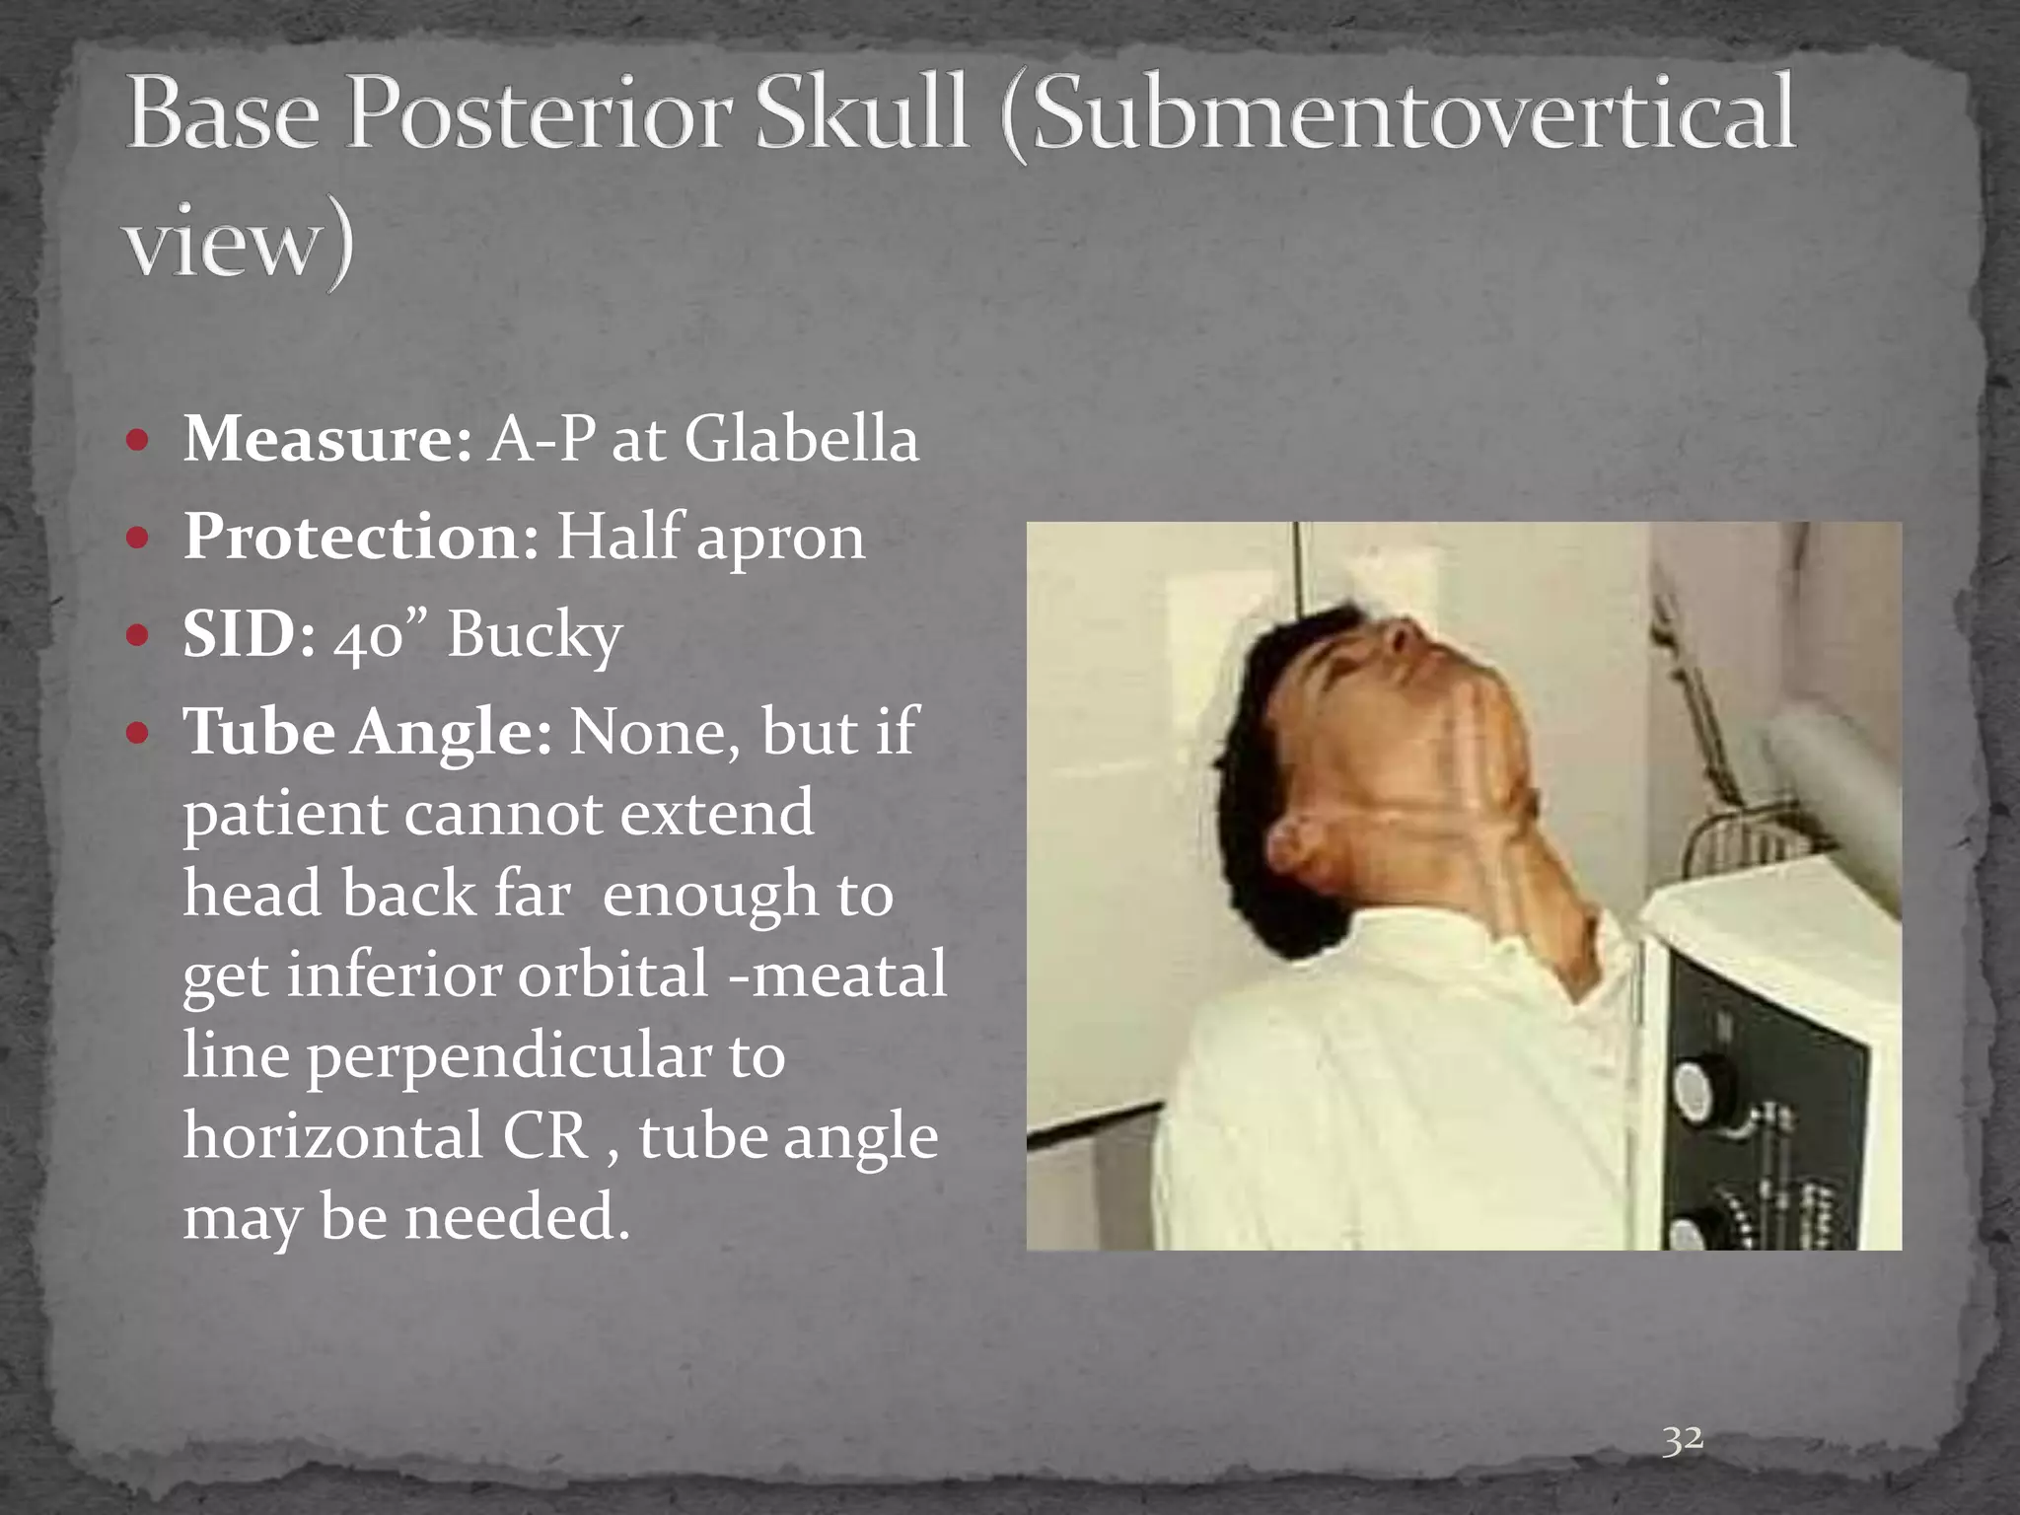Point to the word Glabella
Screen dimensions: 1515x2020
(801, 439)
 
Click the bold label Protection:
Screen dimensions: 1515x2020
(361, 538)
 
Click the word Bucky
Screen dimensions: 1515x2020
(535, 637)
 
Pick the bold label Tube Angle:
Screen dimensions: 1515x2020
(367, 733)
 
